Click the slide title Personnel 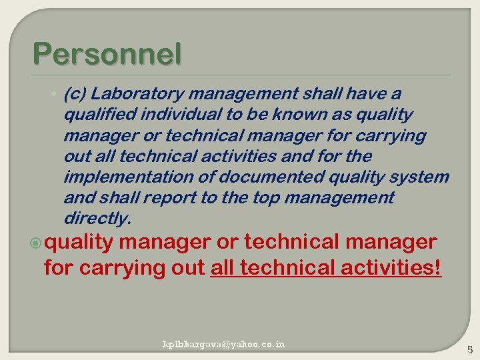(x=106, y=54)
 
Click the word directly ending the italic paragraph (x=97, y=219)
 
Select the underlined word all (x=222, y=268)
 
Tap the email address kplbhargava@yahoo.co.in (x=224, y=344)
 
